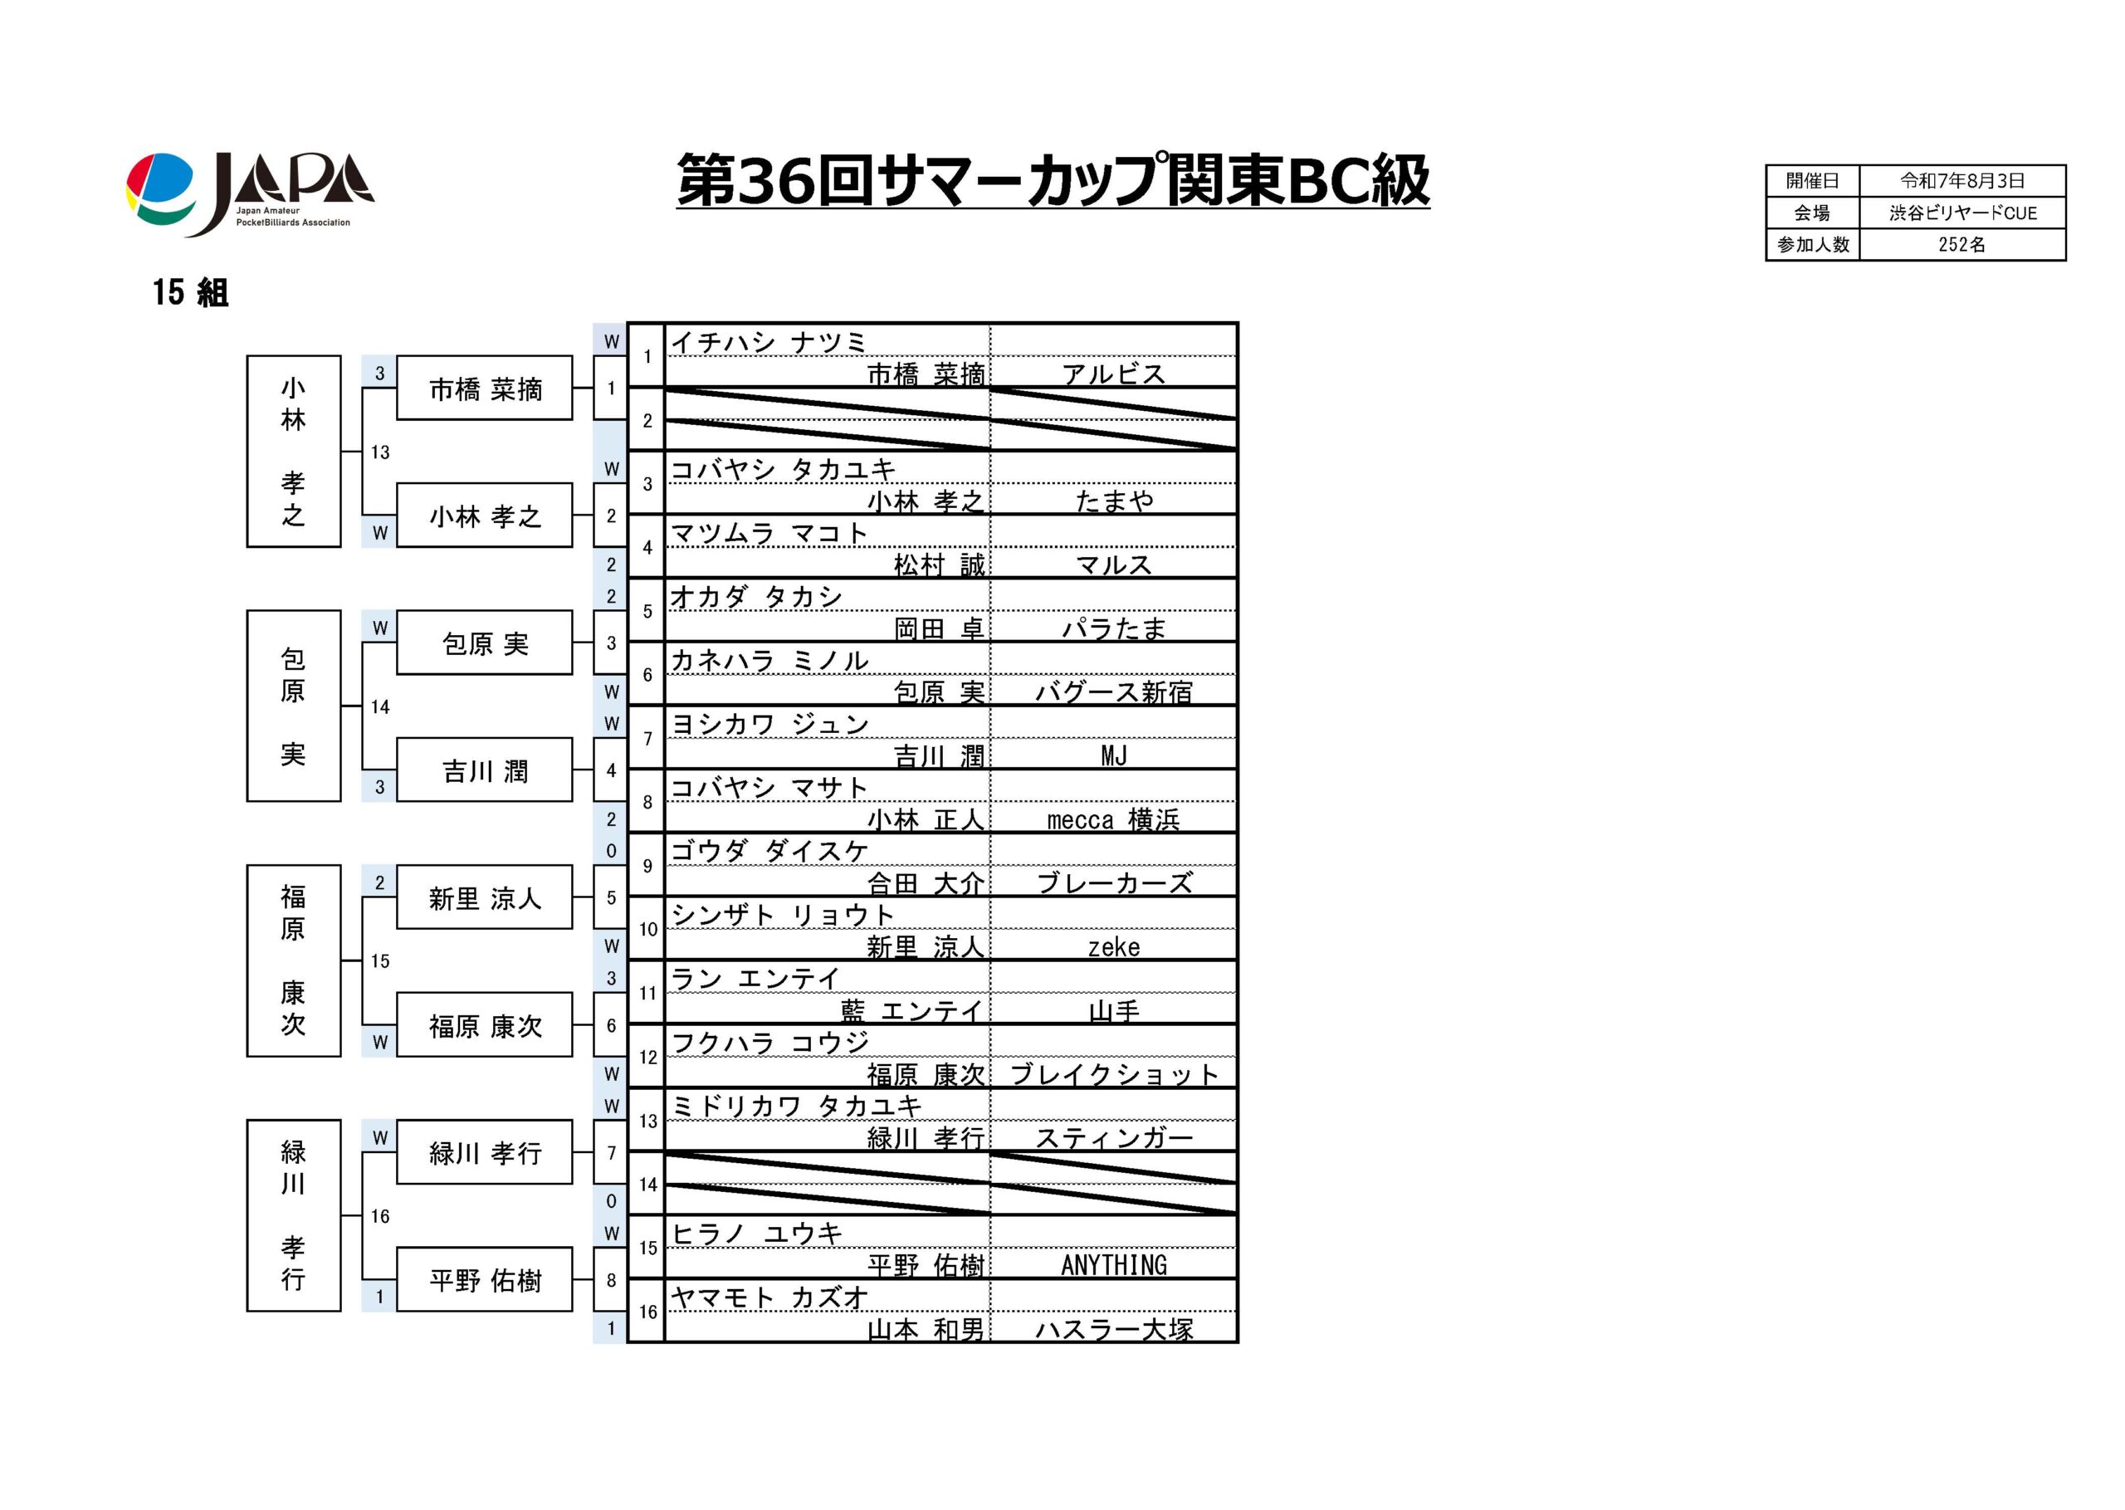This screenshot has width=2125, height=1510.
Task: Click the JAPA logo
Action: [x=250, y=193]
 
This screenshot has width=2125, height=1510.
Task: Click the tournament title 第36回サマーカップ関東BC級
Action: [x=1053, y=180]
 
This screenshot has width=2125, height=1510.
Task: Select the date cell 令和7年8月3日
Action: [x=1962, y=180]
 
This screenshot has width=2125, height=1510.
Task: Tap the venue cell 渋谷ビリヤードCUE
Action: [x=1962, y=213]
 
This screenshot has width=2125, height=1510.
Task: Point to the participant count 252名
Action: [x=1962, y=245]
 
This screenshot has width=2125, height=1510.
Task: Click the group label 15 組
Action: [x=191, y=292]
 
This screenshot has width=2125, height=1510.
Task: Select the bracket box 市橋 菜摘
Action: [x=484, y=388]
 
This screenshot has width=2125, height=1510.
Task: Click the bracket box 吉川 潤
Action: [x=484, y=770]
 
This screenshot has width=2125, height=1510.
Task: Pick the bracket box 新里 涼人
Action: [x=484, y=897]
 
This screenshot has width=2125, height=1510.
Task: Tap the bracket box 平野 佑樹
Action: [x=484, y=1279]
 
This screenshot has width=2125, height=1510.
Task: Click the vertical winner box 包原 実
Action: [x=294, y=706]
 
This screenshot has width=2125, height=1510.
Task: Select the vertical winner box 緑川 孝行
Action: [x=294, y=1215]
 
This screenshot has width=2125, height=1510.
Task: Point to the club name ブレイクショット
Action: [x=1114, y=1074]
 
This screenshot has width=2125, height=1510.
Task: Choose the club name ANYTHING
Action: [x=1114, y=1264]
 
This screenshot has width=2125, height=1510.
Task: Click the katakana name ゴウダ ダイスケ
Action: [x=769, y=850]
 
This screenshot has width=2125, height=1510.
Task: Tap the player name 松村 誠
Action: [x=939, y=564]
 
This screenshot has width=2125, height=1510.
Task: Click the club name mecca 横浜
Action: [x=1114, y=819]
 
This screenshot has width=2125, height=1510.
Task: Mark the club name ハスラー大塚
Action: [x=1114, y=1329]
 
